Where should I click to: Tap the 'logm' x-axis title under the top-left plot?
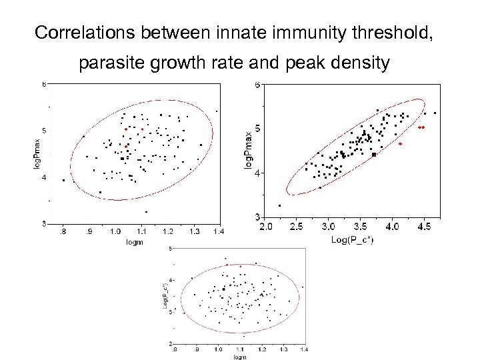tap(135, 242)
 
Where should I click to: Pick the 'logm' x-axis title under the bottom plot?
tap(239, 357)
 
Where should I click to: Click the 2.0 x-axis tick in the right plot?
tap(266, 227)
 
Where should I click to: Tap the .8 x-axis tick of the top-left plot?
tap(63, 231)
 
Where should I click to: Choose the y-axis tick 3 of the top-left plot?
tap(44, 223)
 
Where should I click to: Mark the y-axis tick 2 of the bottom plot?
tap(170, 343)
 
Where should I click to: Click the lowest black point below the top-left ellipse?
tap(146, 211)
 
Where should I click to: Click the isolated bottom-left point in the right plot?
tap(279, 205)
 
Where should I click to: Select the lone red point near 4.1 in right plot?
tap(400, 143)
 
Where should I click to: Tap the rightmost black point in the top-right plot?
tap(435, 113)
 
